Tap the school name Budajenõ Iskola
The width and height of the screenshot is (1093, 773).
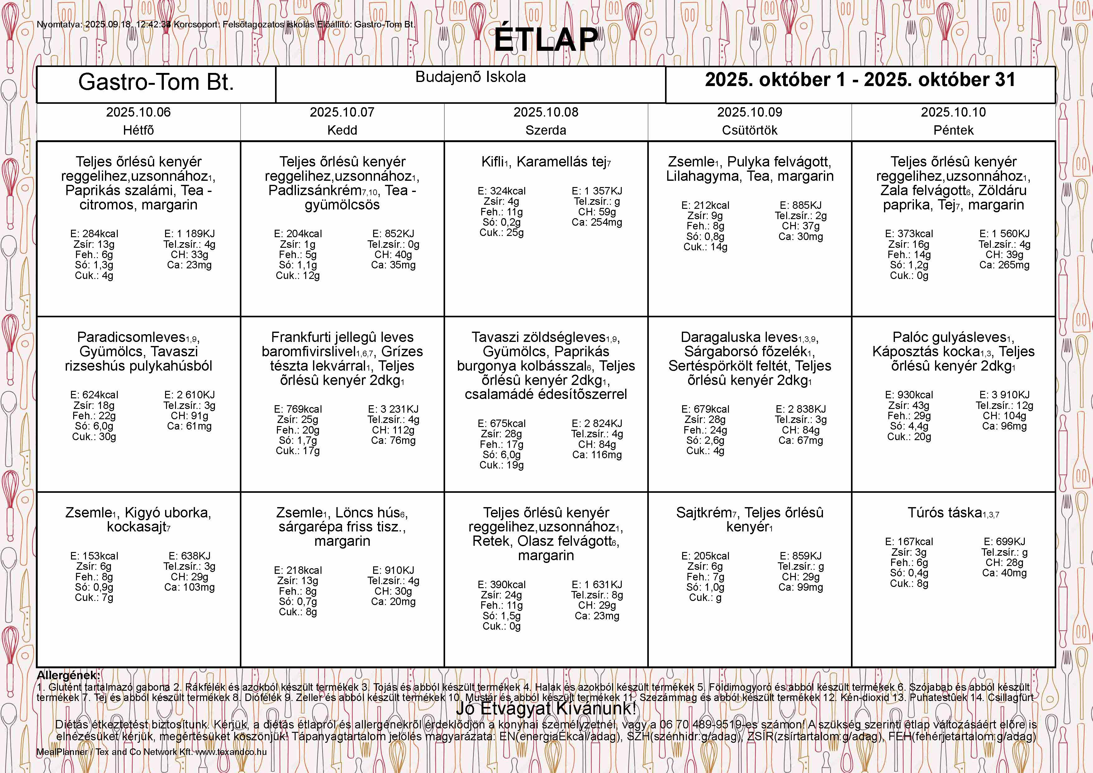click(x=470, y=77)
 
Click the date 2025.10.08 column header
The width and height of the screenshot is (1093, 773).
click(x=545, y=113)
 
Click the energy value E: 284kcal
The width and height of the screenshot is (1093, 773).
click(x=94, y=234)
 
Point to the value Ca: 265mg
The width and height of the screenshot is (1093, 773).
click(x=1004, y=265)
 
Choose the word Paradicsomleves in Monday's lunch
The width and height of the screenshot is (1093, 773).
click(x=131, y=337)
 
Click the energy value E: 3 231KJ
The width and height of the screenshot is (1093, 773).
click(x=393, y=409)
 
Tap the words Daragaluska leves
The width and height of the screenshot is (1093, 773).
click(x=739, y=337)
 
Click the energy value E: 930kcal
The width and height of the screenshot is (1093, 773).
click(x=909, y=395)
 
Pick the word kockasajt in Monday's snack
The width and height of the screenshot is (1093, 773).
click(x=136, y=527)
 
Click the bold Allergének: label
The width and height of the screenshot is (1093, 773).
click(x=69, y=675)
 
